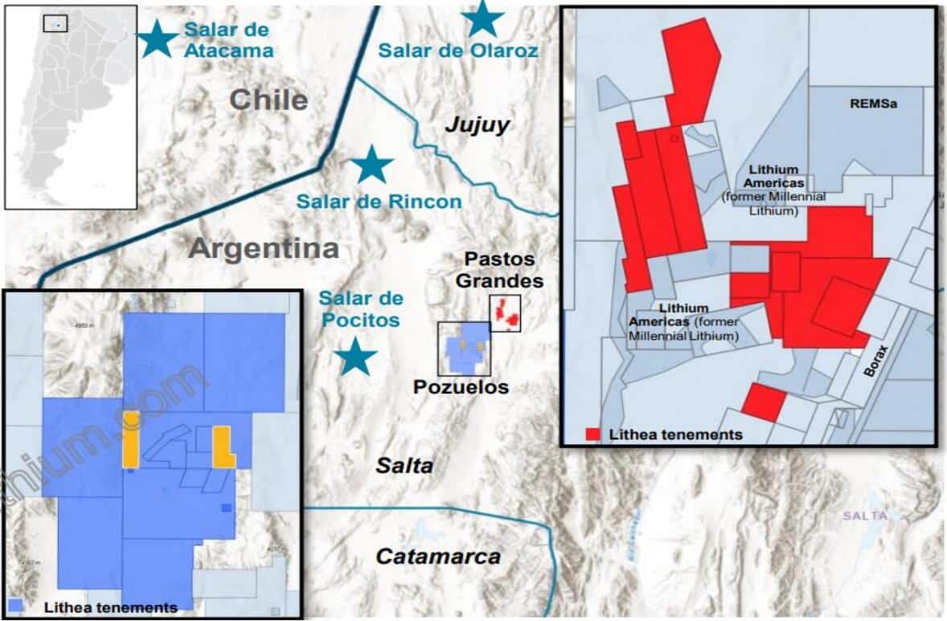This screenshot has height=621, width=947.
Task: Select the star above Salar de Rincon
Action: (372, 164)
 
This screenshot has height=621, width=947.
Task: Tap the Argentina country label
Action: (264, 248)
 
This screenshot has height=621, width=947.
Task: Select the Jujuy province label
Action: (478, 125)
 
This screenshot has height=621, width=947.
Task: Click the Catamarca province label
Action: (438, 556)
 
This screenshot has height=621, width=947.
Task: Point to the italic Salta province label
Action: (405, 465)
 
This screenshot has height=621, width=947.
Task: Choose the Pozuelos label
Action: (461, 387)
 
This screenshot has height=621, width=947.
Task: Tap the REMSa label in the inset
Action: (873, 104)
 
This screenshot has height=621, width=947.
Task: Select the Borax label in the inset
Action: (878, 362)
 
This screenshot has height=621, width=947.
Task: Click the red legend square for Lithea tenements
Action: (592, 435)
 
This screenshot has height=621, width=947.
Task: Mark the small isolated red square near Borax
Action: (762, 402)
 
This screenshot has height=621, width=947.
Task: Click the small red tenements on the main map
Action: (504, 312)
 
